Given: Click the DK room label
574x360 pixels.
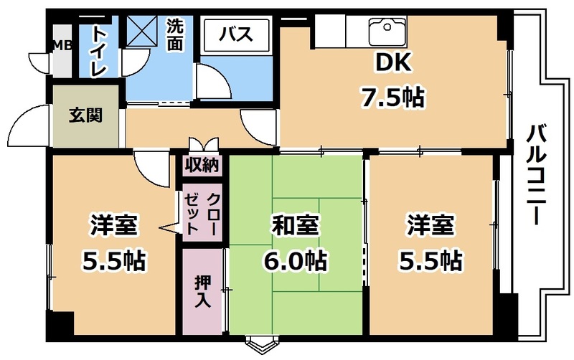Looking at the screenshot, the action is [x=393, y=62].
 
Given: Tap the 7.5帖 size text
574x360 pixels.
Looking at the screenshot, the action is [x=393, y=98].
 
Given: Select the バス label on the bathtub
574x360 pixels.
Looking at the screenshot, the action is [x=236, y=34].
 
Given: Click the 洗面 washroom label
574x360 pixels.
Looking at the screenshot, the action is [x=175, y=34].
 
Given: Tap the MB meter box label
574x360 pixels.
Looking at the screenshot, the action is [x=62, y=46].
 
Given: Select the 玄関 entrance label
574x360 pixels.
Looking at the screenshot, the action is [x=85, y=115].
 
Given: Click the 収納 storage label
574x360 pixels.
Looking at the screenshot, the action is [x=202, y=165].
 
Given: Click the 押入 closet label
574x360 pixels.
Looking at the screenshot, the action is [x=202, y=292].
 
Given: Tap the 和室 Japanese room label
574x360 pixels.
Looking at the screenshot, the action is [x=295, y=225].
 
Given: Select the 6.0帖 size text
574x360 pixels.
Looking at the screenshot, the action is [x=295, y=260].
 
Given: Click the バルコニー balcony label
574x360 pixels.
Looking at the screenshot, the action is [x=536, y=175].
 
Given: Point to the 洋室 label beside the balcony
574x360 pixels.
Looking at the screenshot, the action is [x=430, y=225].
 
